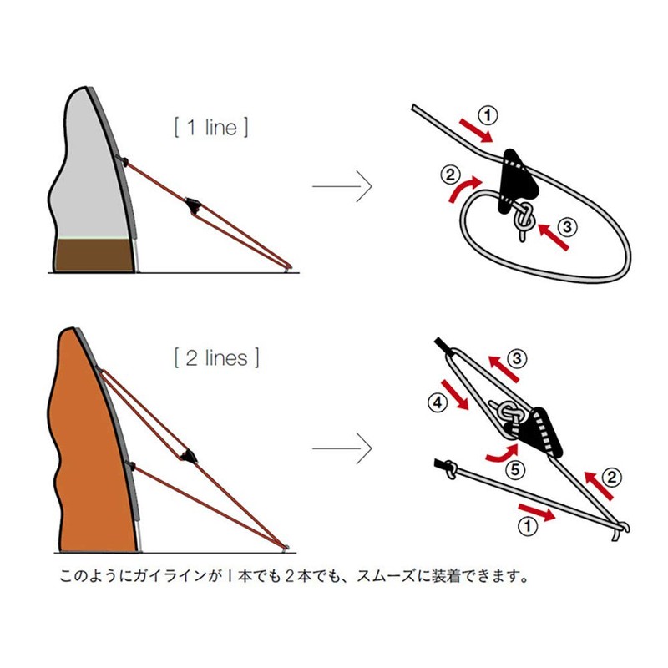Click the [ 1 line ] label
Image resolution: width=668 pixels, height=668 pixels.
click(210, 128)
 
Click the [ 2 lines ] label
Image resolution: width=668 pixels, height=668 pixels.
click(216, 358)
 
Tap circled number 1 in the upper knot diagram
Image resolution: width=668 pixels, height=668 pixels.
click(489, 114)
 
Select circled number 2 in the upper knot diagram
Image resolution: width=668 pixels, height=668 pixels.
click(450, 175)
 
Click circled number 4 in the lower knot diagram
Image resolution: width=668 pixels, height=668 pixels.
click(436, 402)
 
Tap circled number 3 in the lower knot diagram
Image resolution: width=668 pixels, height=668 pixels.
click(518, 360)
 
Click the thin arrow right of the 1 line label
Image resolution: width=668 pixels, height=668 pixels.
click(342, 186)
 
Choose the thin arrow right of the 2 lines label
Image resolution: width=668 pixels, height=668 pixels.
click(342, 448)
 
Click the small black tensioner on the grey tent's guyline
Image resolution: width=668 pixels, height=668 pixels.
click(194, 205)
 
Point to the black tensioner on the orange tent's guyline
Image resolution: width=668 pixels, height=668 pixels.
click(189, 453)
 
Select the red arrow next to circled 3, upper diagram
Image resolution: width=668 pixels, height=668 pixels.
click(554, 236)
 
